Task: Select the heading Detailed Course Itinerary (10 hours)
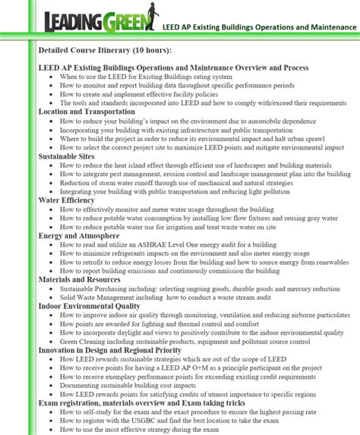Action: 105,50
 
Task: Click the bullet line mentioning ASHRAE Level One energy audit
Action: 179,244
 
